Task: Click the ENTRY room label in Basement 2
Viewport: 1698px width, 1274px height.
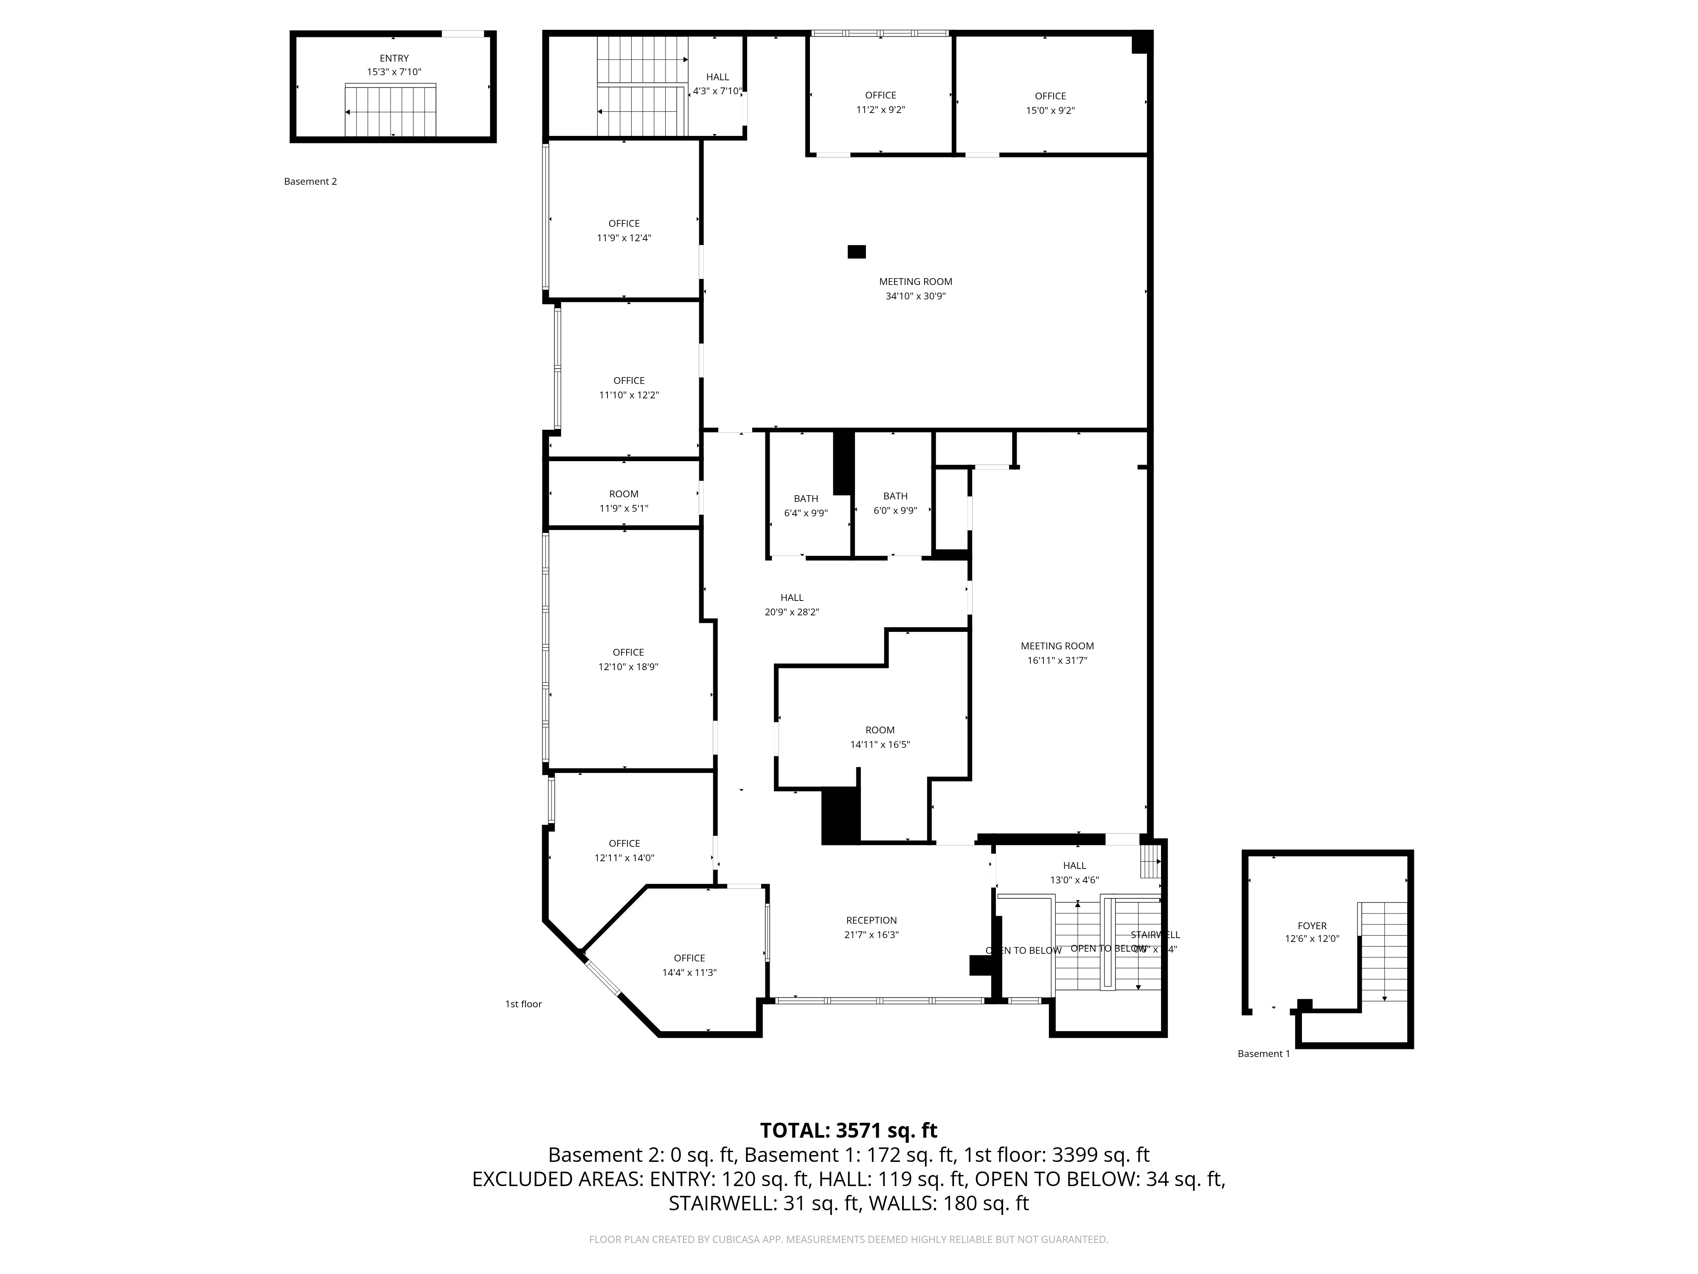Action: (394, 58)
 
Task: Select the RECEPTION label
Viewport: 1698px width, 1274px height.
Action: (871, 920)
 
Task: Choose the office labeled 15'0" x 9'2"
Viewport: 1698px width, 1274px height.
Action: (1050, 103)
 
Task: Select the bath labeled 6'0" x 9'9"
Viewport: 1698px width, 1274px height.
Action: (895, 503)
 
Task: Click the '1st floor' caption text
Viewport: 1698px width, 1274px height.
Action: (523, 1003)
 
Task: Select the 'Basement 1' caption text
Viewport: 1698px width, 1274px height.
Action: (1263, 1054)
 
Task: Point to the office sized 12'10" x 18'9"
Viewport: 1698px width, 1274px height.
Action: (628, 660)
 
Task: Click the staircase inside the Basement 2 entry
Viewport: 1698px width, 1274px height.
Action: (391, 111)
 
